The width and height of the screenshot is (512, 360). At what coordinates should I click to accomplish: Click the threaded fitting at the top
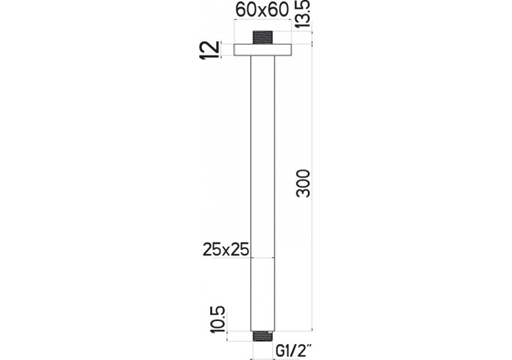point(263,38)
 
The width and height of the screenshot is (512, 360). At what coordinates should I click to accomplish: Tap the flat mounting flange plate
point(263,49)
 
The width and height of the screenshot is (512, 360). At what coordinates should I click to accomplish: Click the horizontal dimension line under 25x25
point(263,258)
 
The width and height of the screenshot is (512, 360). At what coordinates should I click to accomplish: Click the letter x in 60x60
point(264,12)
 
